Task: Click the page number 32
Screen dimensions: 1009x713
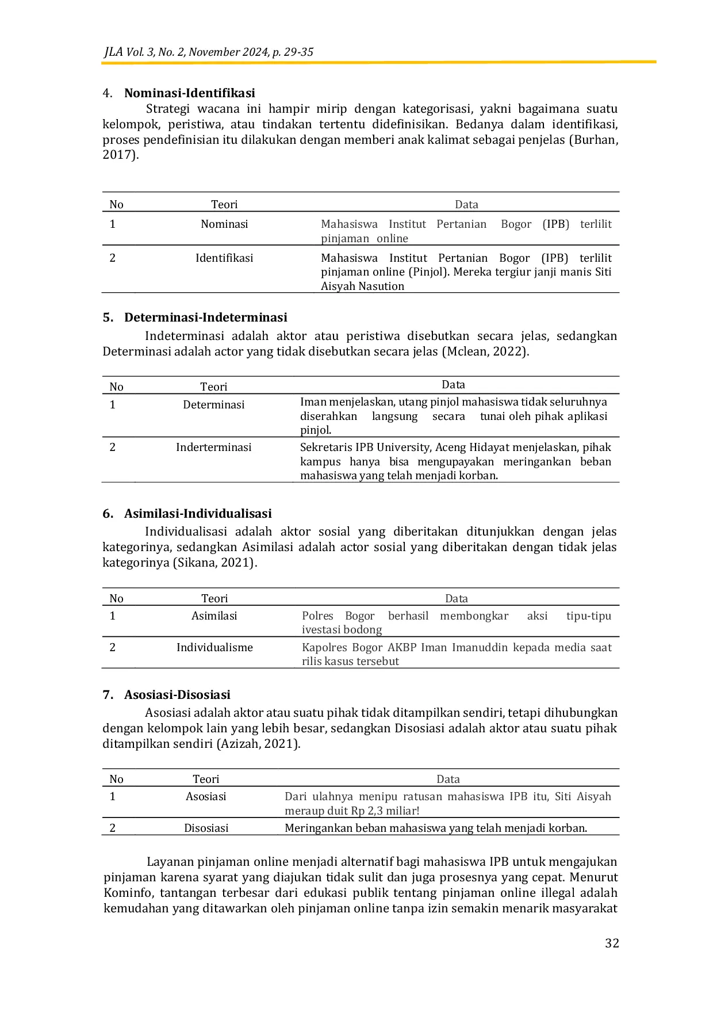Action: tap(612, 943)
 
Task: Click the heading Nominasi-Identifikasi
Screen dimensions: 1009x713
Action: tap(189, 93)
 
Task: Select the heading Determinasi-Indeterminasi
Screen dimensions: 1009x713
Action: tap(205, 318)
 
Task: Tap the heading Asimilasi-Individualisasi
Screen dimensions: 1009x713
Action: tap(198, 514)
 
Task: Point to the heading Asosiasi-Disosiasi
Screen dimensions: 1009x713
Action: tap(177, 695)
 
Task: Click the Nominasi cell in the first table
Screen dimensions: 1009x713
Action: tap(224, 224)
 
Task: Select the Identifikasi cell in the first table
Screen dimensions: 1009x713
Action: tap(224, 258)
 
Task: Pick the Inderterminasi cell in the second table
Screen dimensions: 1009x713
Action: tap(213, 448)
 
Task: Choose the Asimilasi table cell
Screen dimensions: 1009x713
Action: tap(214, 616)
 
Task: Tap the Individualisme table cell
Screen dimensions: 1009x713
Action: tap(214, 648)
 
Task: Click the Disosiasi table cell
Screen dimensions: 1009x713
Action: tap(206, 828)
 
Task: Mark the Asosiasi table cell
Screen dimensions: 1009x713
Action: tap(206, 797)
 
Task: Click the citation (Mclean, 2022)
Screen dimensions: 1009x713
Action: tap(485, 351)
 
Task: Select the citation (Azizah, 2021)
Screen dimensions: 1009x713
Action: tap(258, 744)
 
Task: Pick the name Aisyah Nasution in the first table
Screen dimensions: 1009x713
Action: tap(362, 286)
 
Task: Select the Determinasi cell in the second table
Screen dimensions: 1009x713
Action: tap(213, 405)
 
